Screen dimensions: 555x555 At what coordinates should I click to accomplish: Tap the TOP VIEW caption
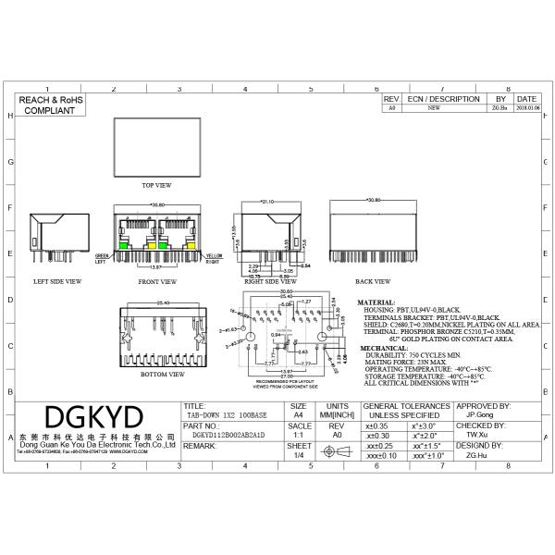click(x=156, y=185)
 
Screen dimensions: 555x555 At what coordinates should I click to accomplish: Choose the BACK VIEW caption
click(x=374, y=280)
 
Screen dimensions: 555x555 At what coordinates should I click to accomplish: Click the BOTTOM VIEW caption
click(x=155, y=375)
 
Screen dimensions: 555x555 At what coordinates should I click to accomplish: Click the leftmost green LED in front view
click(x=126, y=245)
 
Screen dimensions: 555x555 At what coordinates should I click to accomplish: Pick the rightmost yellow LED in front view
click(x=188, y=245)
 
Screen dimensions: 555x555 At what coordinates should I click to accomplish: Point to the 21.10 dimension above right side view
click(x=268, y=200)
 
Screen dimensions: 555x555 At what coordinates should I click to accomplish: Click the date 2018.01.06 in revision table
click(x=524, y=108)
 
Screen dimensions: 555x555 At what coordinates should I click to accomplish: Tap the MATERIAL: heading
click(x=376, y=302)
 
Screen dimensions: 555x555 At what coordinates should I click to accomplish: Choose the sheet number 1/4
click(x=298, y=455)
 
